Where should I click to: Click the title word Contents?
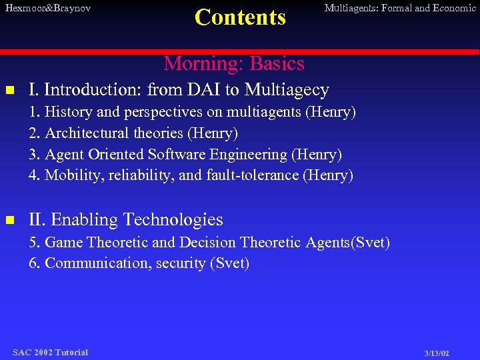240,17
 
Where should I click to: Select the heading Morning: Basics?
234,63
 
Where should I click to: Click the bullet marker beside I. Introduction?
9,90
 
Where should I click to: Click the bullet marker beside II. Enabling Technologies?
9,219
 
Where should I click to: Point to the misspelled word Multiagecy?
287,90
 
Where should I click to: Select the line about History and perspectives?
192,111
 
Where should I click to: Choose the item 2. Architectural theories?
133,133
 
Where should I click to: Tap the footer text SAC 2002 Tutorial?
50,352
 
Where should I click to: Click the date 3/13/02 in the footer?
436,353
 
